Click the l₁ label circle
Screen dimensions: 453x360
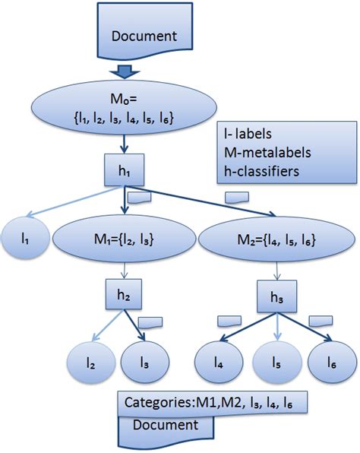25,239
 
